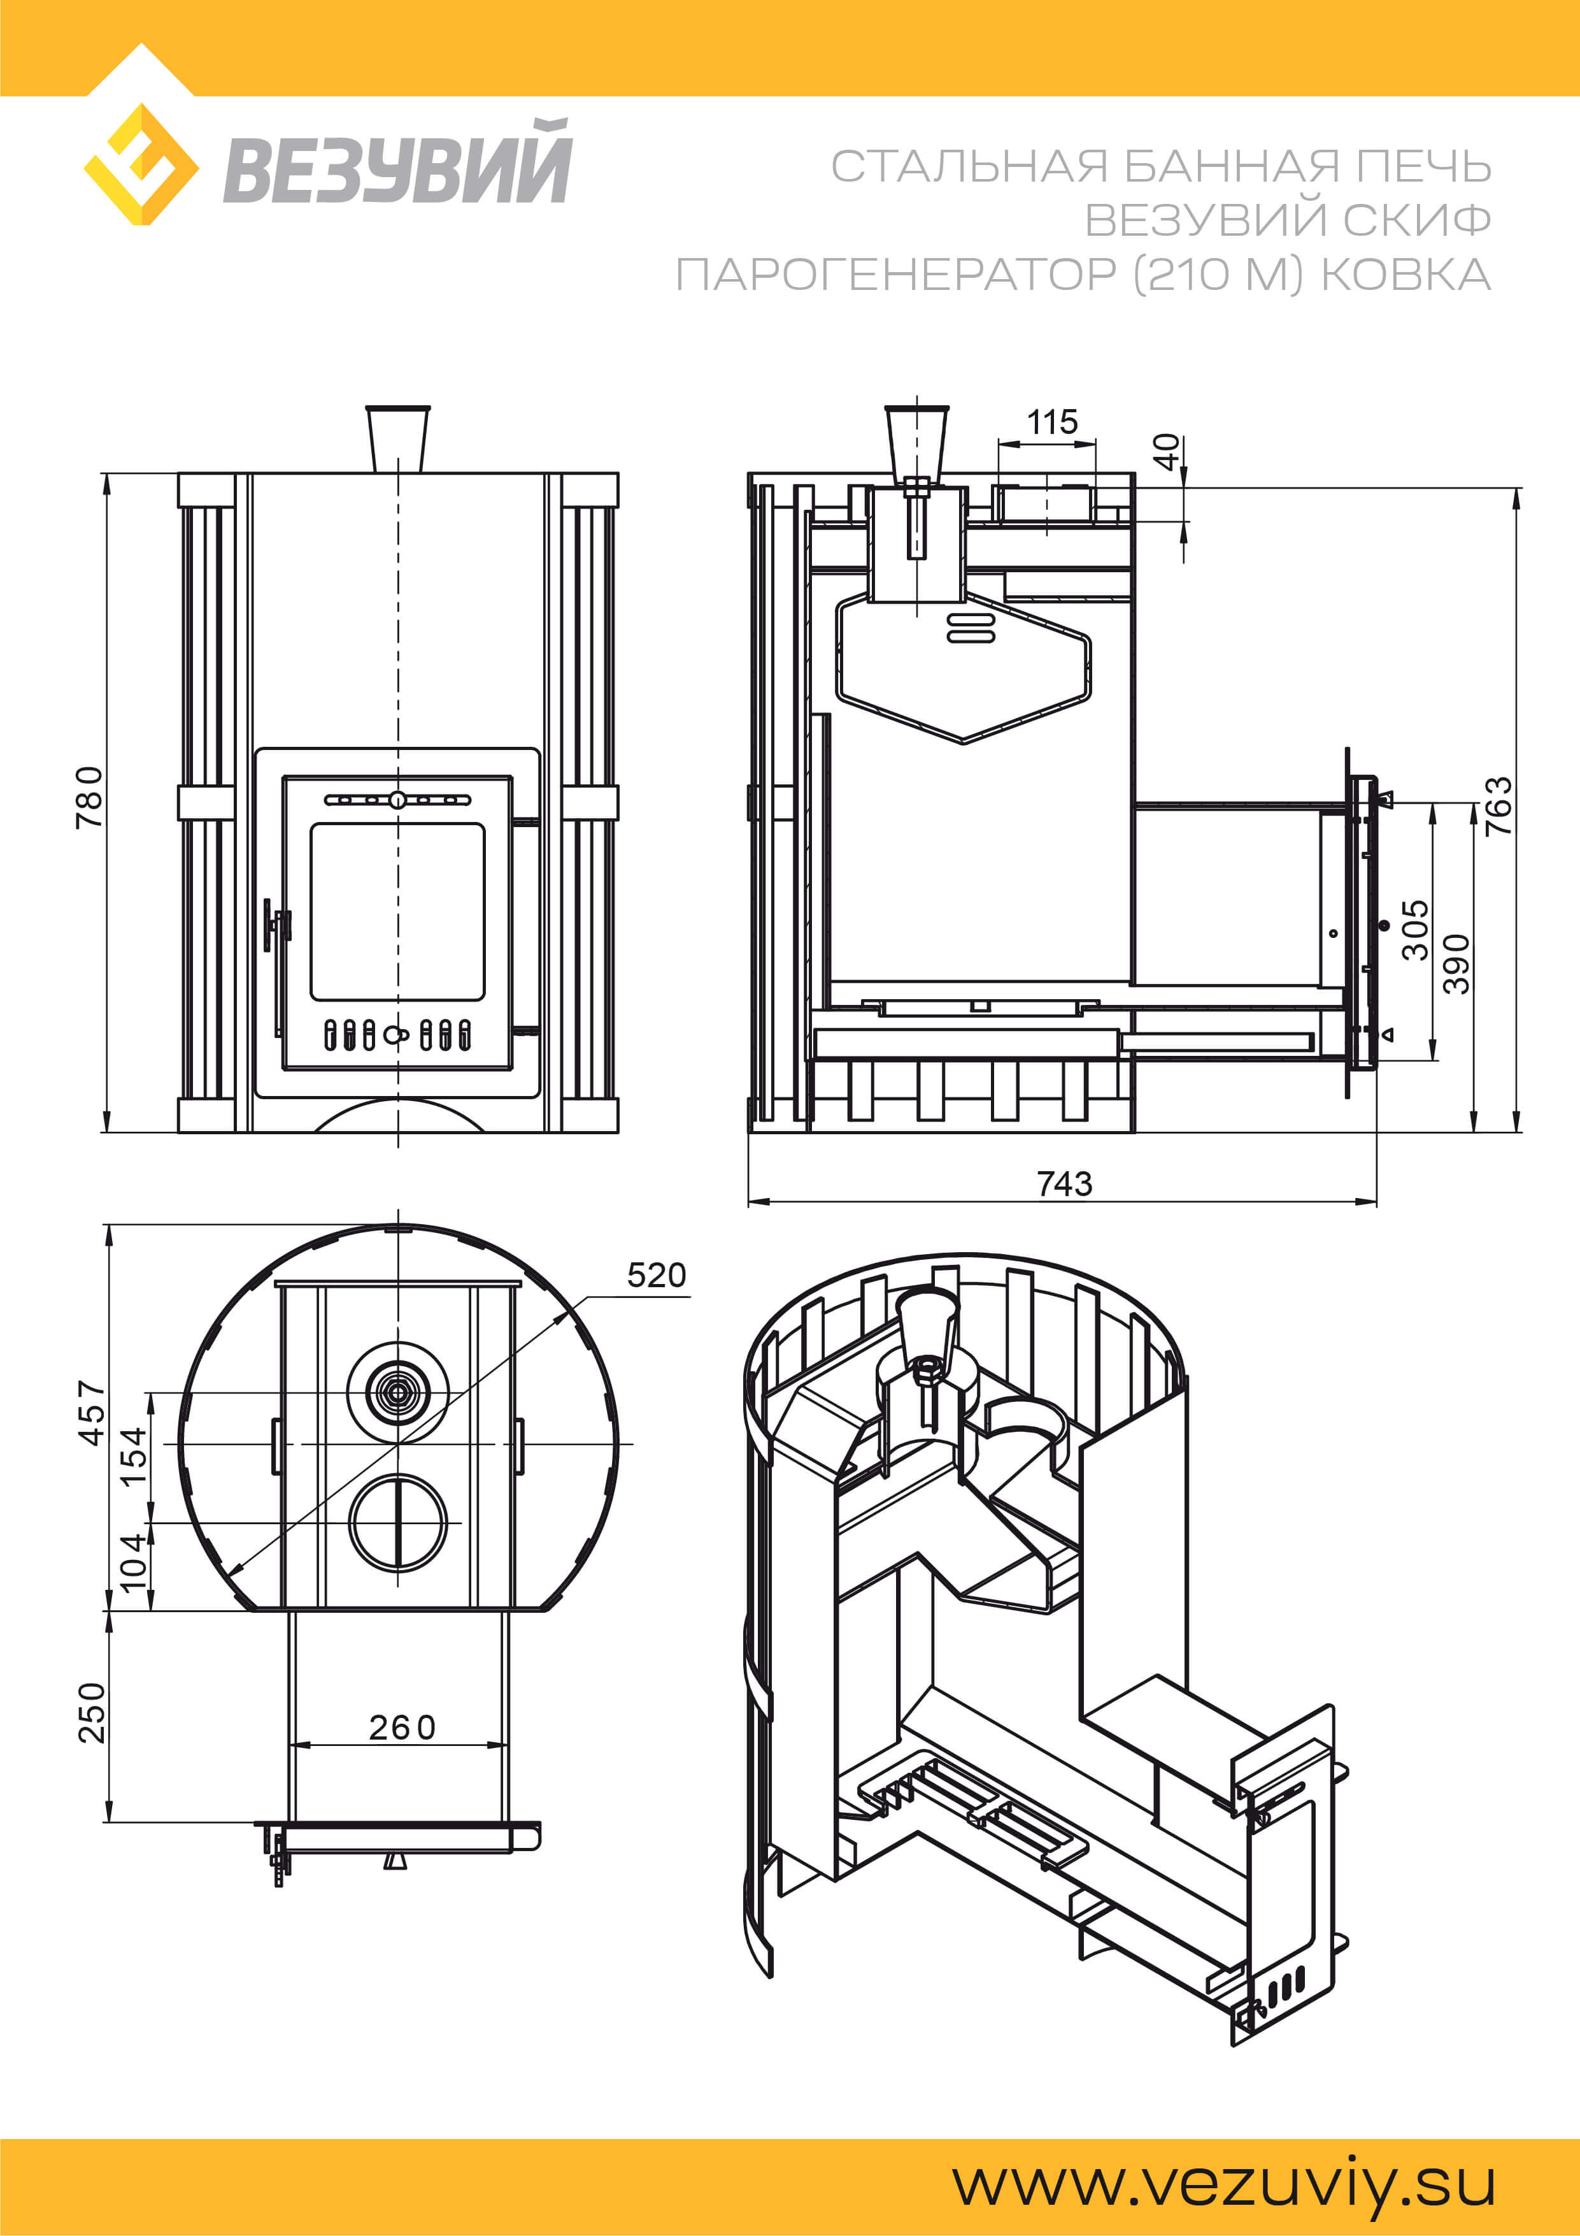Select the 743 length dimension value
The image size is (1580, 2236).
pyautogui.click(x=1064, y=1183)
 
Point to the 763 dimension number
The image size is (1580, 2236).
pyautogui.click(x=1498, y=805)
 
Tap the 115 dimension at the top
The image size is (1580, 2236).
pyautogui.click(x=1052, y=422)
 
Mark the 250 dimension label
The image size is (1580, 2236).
pyautogui.click(x=92, y=1712)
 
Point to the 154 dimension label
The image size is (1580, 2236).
pyautogui.click(x=133, y=1455)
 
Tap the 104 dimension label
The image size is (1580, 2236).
pyautogui.click(x=133, y=1561)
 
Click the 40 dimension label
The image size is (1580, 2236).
pyautogui.click(x=1166, y=451)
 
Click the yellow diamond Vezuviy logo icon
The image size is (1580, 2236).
pyautogui.click(x=142, y=164)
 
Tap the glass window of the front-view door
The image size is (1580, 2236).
pyautogui.click(x=397, y=911)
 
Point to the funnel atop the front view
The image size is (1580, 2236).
pyautogui.click(x=397, y=438)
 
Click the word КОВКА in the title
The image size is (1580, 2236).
pyautogui.click(x=1406, y=275)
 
